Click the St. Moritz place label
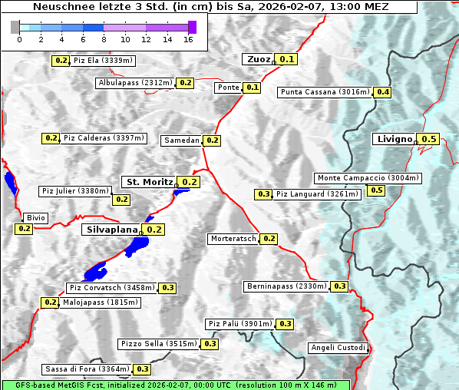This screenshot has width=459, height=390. [x=149, y=182]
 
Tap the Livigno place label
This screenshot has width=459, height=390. [x=394, y=139]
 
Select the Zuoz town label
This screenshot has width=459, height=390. [x=258, y=59]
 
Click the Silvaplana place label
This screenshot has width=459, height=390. [x=111, y=230]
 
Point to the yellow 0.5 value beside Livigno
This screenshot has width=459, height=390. [x=429, y=139]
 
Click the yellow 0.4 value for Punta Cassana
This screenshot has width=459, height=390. [x=382, y=92]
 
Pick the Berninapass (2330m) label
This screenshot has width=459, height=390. [x=287, y=286]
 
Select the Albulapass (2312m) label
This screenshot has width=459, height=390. [x=135, y=83]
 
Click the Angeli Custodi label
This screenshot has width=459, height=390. [x=338, y=348]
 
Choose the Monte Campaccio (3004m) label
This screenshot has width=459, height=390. [x=368, y=178]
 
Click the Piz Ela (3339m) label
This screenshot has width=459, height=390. [x=104, y=60]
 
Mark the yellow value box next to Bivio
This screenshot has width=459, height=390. [x=24, y=229]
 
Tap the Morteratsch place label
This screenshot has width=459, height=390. [x=233, y=239]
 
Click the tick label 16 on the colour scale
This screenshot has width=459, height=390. [x=188, y=39]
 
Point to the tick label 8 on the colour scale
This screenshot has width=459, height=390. [x=104, y=39]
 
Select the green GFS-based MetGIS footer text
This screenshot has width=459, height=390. [x=175, y=385]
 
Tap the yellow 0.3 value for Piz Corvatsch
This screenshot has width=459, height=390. [x=168, y=288]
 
